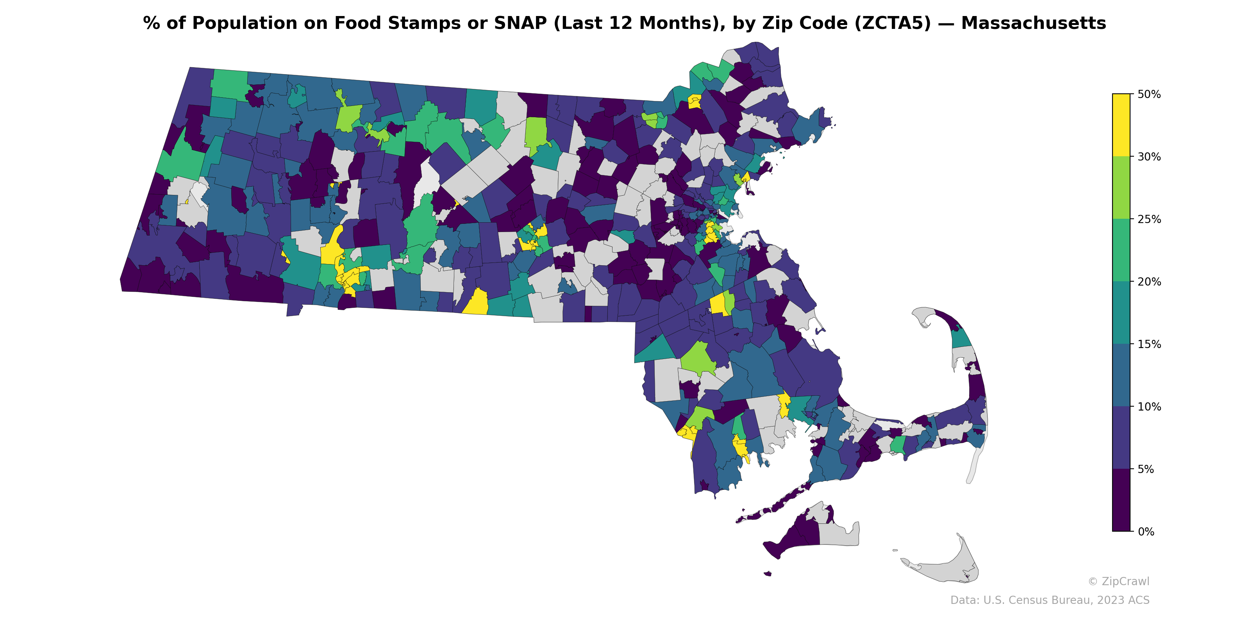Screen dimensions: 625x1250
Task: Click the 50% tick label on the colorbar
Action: [x=1148, y=94]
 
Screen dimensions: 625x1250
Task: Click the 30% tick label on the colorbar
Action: [x=1148, y=157]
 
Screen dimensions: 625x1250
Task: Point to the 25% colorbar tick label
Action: [x=1148, y=219]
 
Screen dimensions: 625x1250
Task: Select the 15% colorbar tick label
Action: [x=1148, y=345]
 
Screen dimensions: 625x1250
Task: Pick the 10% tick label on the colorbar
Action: [x=1148, y=407]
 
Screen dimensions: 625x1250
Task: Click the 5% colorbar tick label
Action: [x=1145, y=469]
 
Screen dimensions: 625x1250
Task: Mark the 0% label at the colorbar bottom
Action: [x=1145, y=532]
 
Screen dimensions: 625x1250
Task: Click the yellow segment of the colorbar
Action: [x=1121, y=125]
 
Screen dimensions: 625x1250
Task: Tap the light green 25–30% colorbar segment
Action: [x=1121, y=188]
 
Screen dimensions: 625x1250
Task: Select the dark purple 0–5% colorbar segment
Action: [x=1121, y=500]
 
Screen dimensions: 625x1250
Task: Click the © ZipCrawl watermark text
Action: [x=1118, y=581]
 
